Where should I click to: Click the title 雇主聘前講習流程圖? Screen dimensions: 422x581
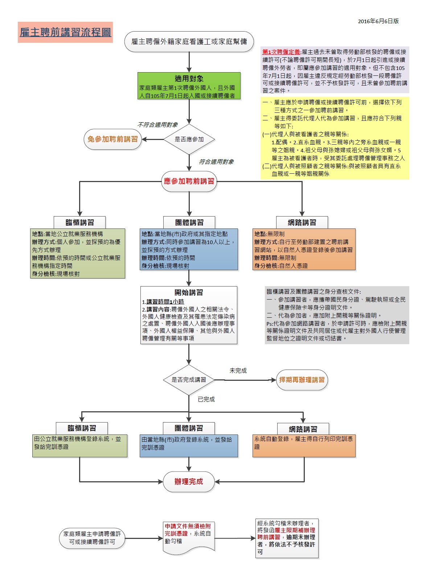pyautogui.click(x=65, y=32)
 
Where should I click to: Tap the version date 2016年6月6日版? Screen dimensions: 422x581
pyautogui.click(x=378, y=21)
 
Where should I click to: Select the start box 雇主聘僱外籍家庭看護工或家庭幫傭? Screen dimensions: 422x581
pyautogui.click(x=189, y=41)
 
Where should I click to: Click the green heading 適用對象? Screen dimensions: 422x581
pyautogui.click(x=189, y=78)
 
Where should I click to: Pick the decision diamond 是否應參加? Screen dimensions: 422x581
pyautogui.click(x=189, y=139)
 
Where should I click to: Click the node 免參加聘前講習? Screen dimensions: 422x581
pyautogui.click(x=112, y=139)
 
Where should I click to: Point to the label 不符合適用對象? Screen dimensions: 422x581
pyautogui.click(x=157, y=125)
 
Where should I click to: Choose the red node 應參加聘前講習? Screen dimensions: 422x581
pyautogui.click(x=189, y=181)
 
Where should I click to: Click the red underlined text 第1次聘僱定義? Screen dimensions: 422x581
pyautogui.click(x=281, y=52)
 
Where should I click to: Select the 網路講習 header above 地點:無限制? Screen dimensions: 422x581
pyautogui.click(x=302, y=223)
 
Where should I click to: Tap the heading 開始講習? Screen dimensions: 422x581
pyautogui.click(x=189, y=292)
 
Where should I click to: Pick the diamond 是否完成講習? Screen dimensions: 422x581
pyautogui.click(x=189, y=380)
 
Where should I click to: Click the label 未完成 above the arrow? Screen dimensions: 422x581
pyautogui.click(x=238, y=371)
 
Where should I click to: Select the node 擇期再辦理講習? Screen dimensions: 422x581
pyautogui.click(x=302, y=380)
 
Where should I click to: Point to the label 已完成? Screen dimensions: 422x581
pyautogui.click(x=206, y=399)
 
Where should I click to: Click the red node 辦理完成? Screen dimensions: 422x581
pyautogui.click(x=189, y=482)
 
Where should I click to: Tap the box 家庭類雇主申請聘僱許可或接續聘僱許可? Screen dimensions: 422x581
pyautogui.click(x=92, y=538)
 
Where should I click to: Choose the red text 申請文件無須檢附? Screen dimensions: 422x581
pyautogui.click(x=188, y=526)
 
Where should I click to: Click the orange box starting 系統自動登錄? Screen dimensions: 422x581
pyautogui.click(x=304, y=446)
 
